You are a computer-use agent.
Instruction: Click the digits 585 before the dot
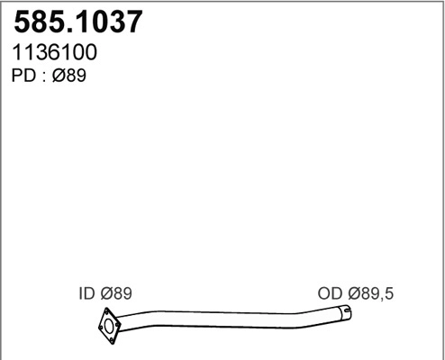(x=36, y=22)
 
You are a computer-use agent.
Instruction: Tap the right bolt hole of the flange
(x=118, y=326)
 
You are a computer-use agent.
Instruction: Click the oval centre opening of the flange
(x=110, y=325)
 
